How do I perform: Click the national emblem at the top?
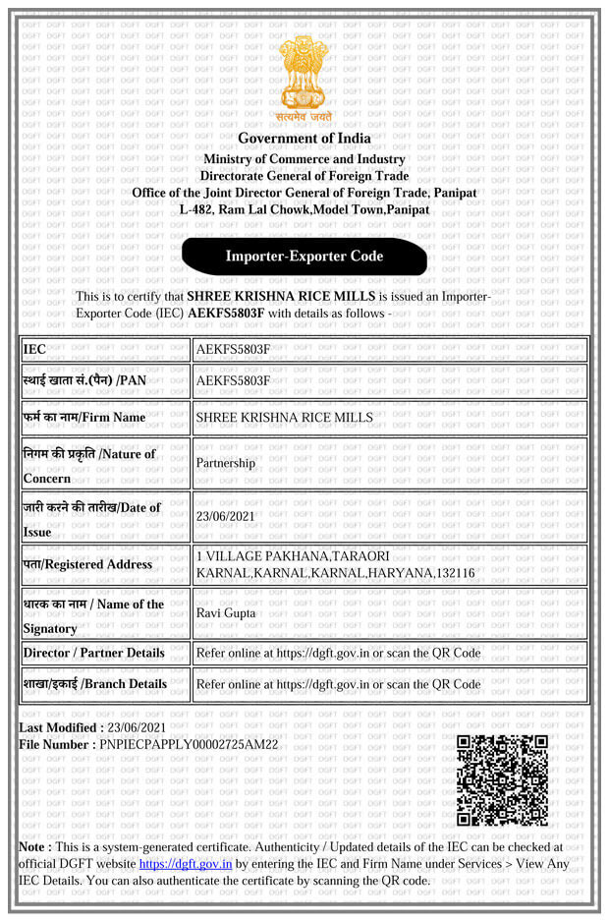(x=304, y=77)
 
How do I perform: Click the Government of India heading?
(x=304, y=139)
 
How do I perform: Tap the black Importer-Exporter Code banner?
(x=304, y=257)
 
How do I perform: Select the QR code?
(x=502, y=779)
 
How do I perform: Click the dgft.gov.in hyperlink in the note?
(x=186, y=864)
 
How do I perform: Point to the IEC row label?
(x=34, y=349)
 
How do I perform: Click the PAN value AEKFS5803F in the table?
(x=233, y=380)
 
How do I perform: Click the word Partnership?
(x=226, y=462)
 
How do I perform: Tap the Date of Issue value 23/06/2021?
(x=226, y=516)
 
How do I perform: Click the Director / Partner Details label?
(x=93, y=653)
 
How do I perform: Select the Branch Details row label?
(x=95, y=684)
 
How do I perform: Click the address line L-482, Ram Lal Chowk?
(x=304, y=210)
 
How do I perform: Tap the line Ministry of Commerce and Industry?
(x=304, y=159)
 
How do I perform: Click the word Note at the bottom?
(x=35, y=846)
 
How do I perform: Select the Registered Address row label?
(x=87, y=564)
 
